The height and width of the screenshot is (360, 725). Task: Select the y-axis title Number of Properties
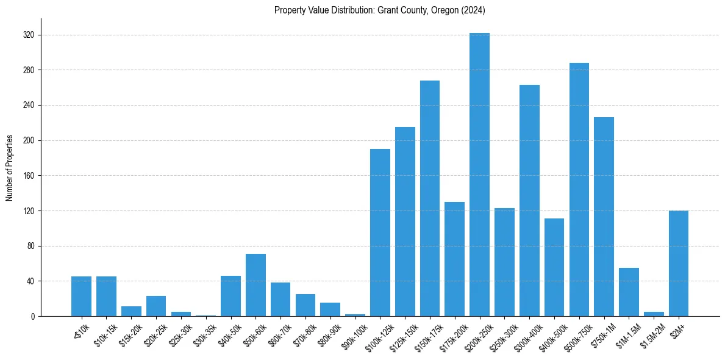click(x=10, y=167)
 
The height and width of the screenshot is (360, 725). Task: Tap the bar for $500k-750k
click(x=579, y=189)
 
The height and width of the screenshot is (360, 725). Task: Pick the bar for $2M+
click(x=679, y=263)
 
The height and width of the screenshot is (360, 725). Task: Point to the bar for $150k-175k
click(x=430, y=198)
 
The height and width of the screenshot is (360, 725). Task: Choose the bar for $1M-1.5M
click(x=629, y=292)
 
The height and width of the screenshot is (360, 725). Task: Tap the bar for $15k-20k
click(x=131, y=311)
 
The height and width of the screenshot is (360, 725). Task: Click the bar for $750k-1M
click(x=604, y=217)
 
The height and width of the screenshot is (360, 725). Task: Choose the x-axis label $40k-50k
click(x=229, y=334)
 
